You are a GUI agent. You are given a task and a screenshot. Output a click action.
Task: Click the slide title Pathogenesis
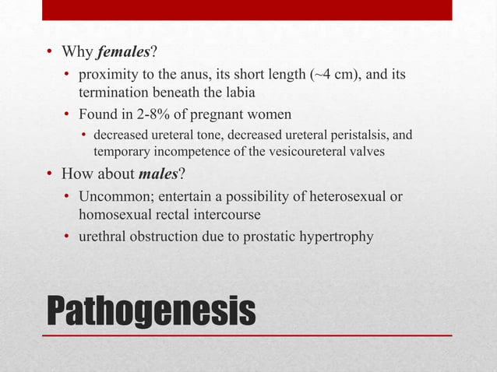[151, 311]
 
